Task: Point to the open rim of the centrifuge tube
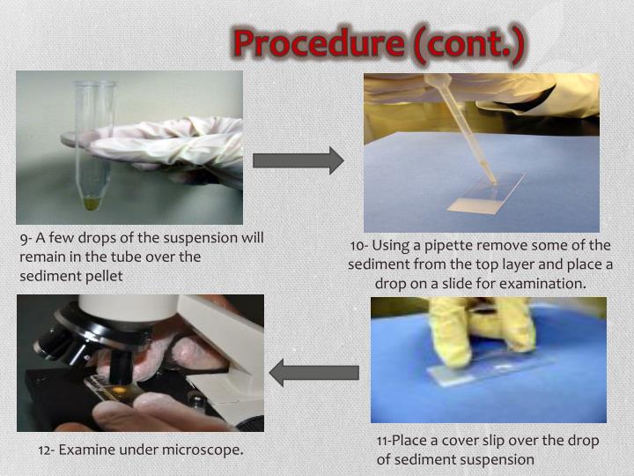click(x=95, y=84)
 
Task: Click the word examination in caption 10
click(x=542, y=284)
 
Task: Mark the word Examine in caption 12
click(x=86, y=450)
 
